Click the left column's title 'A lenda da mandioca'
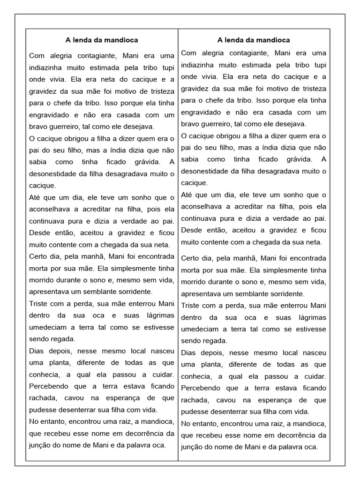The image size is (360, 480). coord(101,40)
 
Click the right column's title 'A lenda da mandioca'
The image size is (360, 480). coord(254,40)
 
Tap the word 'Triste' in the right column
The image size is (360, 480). coord(190,306)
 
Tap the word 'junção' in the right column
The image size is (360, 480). coord(192,447)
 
